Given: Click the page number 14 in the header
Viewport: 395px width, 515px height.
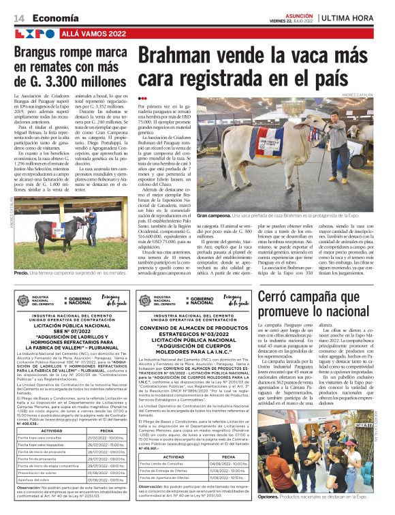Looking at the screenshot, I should tap(18, 17).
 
